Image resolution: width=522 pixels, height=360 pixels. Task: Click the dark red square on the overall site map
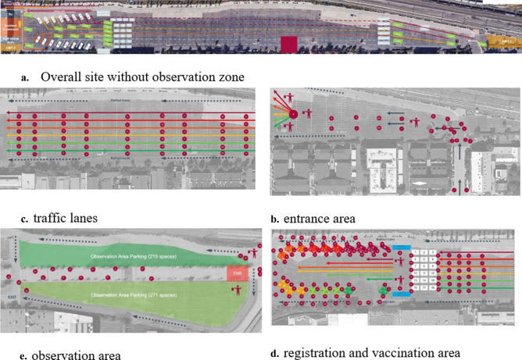(x=288, y=45)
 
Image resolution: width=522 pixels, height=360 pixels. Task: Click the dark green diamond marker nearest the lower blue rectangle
(x=384, y=292)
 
